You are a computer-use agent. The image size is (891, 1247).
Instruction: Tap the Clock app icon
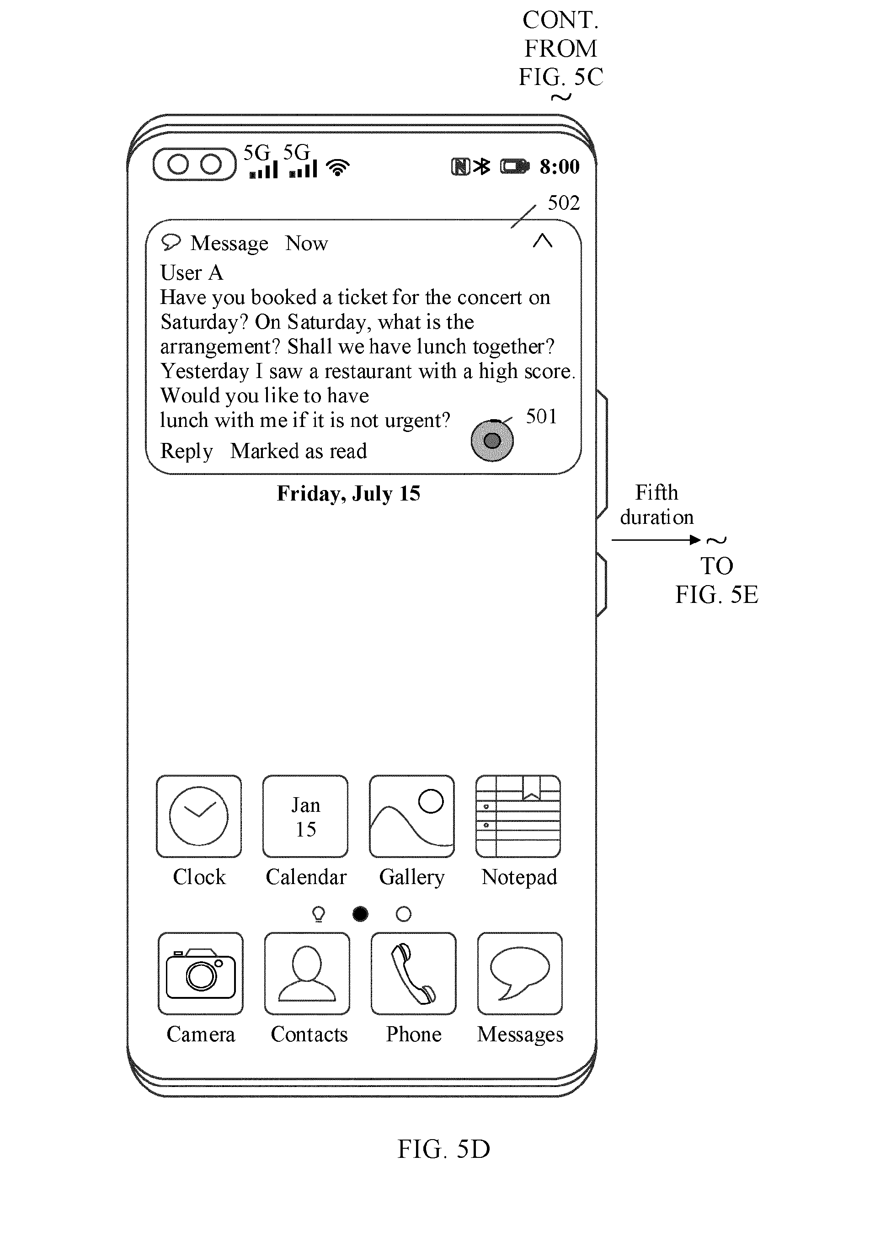click(x=198, y=816)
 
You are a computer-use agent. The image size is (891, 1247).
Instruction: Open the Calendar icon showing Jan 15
click(x=305, y=816)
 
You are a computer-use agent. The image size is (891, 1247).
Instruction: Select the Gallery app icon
click(x=411, y=816)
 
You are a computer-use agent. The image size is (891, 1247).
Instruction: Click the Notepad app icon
click(x=518, y=816)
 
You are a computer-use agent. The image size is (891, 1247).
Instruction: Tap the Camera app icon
click(x=200, y=974)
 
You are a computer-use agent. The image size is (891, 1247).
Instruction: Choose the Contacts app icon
click(x=307, y=974)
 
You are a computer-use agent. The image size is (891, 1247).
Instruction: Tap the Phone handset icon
click(x=413, y=974)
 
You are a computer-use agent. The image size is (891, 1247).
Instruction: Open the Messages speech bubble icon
click(x=520, y=974)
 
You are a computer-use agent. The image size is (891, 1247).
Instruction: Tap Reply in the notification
click(x=187, y=452)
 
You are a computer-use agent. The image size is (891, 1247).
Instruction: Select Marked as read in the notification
click(x=299, y=451)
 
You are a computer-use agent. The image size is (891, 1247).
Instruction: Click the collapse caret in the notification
click(x=543, y=241)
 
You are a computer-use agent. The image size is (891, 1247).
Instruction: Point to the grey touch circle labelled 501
click(x=492, y=441)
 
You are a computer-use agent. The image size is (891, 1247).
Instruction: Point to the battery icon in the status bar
click(x=515, y=166)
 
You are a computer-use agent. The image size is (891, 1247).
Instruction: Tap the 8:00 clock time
click(x=560, y=166)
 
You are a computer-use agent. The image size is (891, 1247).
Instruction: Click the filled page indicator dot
click(x=360, y=914)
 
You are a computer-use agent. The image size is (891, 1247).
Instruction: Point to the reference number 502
click(x=564, y=203)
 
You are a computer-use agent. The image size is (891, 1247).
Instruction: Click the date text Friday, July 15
click(x=348, y=494)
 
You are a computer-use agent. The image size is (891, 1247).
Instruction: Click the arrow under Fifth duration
click(x=656, y=540)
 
